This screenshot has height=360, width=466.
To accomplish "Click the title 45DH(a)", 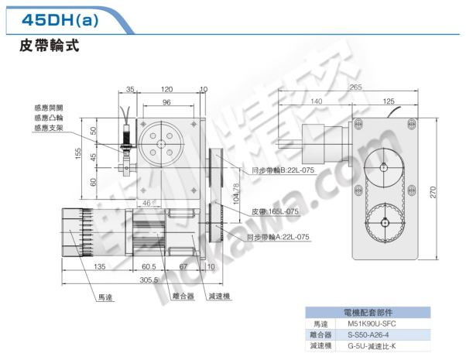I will pyautogui.click(x=57, y=20).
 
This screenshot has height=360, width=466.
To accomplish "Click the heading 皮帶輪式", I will pyautogui.click(x=49, y=46).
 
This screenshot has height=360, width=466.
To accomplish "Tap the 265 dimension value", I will pyautogui.click(x=355, y=87).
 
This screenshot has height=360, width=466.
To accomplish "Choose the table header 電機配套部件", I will pyautogui.click(x=361, y=311).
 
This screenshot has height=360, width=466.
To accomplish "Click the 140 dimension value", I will pyautogui.click(x=315, y=101).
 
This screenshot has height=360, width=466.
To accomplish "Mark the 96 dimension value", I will pyautogui.click(x=166, y=102).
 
